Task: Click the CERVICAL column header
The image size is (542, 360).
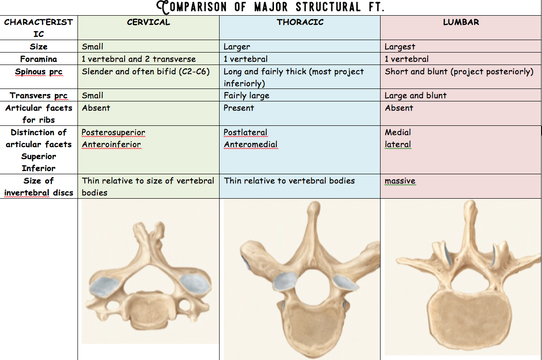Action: [149, 22]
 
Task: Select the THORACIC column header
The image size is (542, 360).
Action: [300, 22]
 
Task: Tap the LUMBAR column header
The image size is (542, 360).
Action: [461, 22]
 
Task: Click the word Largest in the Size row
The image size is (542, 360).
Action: [400, 47]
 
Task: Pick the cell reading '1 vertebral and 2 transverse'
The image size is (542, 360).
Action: [139, 59]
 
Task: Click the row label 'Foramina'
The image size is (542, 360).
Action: [39, 59]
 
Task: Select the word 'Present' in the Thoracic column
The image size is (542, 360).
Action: [239, 108]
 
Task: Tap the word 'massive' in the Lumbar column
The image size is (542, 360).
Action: [400, 181]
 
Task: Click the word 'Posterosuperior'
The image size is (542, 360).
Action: [113, 132]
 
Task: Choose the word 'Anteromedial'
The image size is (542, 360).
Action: [251, 144]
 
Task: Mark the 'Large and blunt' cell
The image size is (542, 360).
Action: [416, 95]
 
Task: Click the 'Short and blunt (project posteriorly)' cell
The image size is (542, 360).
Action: [459, 71]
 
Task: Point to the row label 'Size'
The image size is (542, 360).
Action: [39, 47]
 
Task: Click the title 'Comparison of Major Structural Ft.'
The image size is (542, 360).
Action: [271, 7]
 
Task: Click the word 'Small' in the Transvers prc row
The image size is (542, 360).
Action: [93, 95]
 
